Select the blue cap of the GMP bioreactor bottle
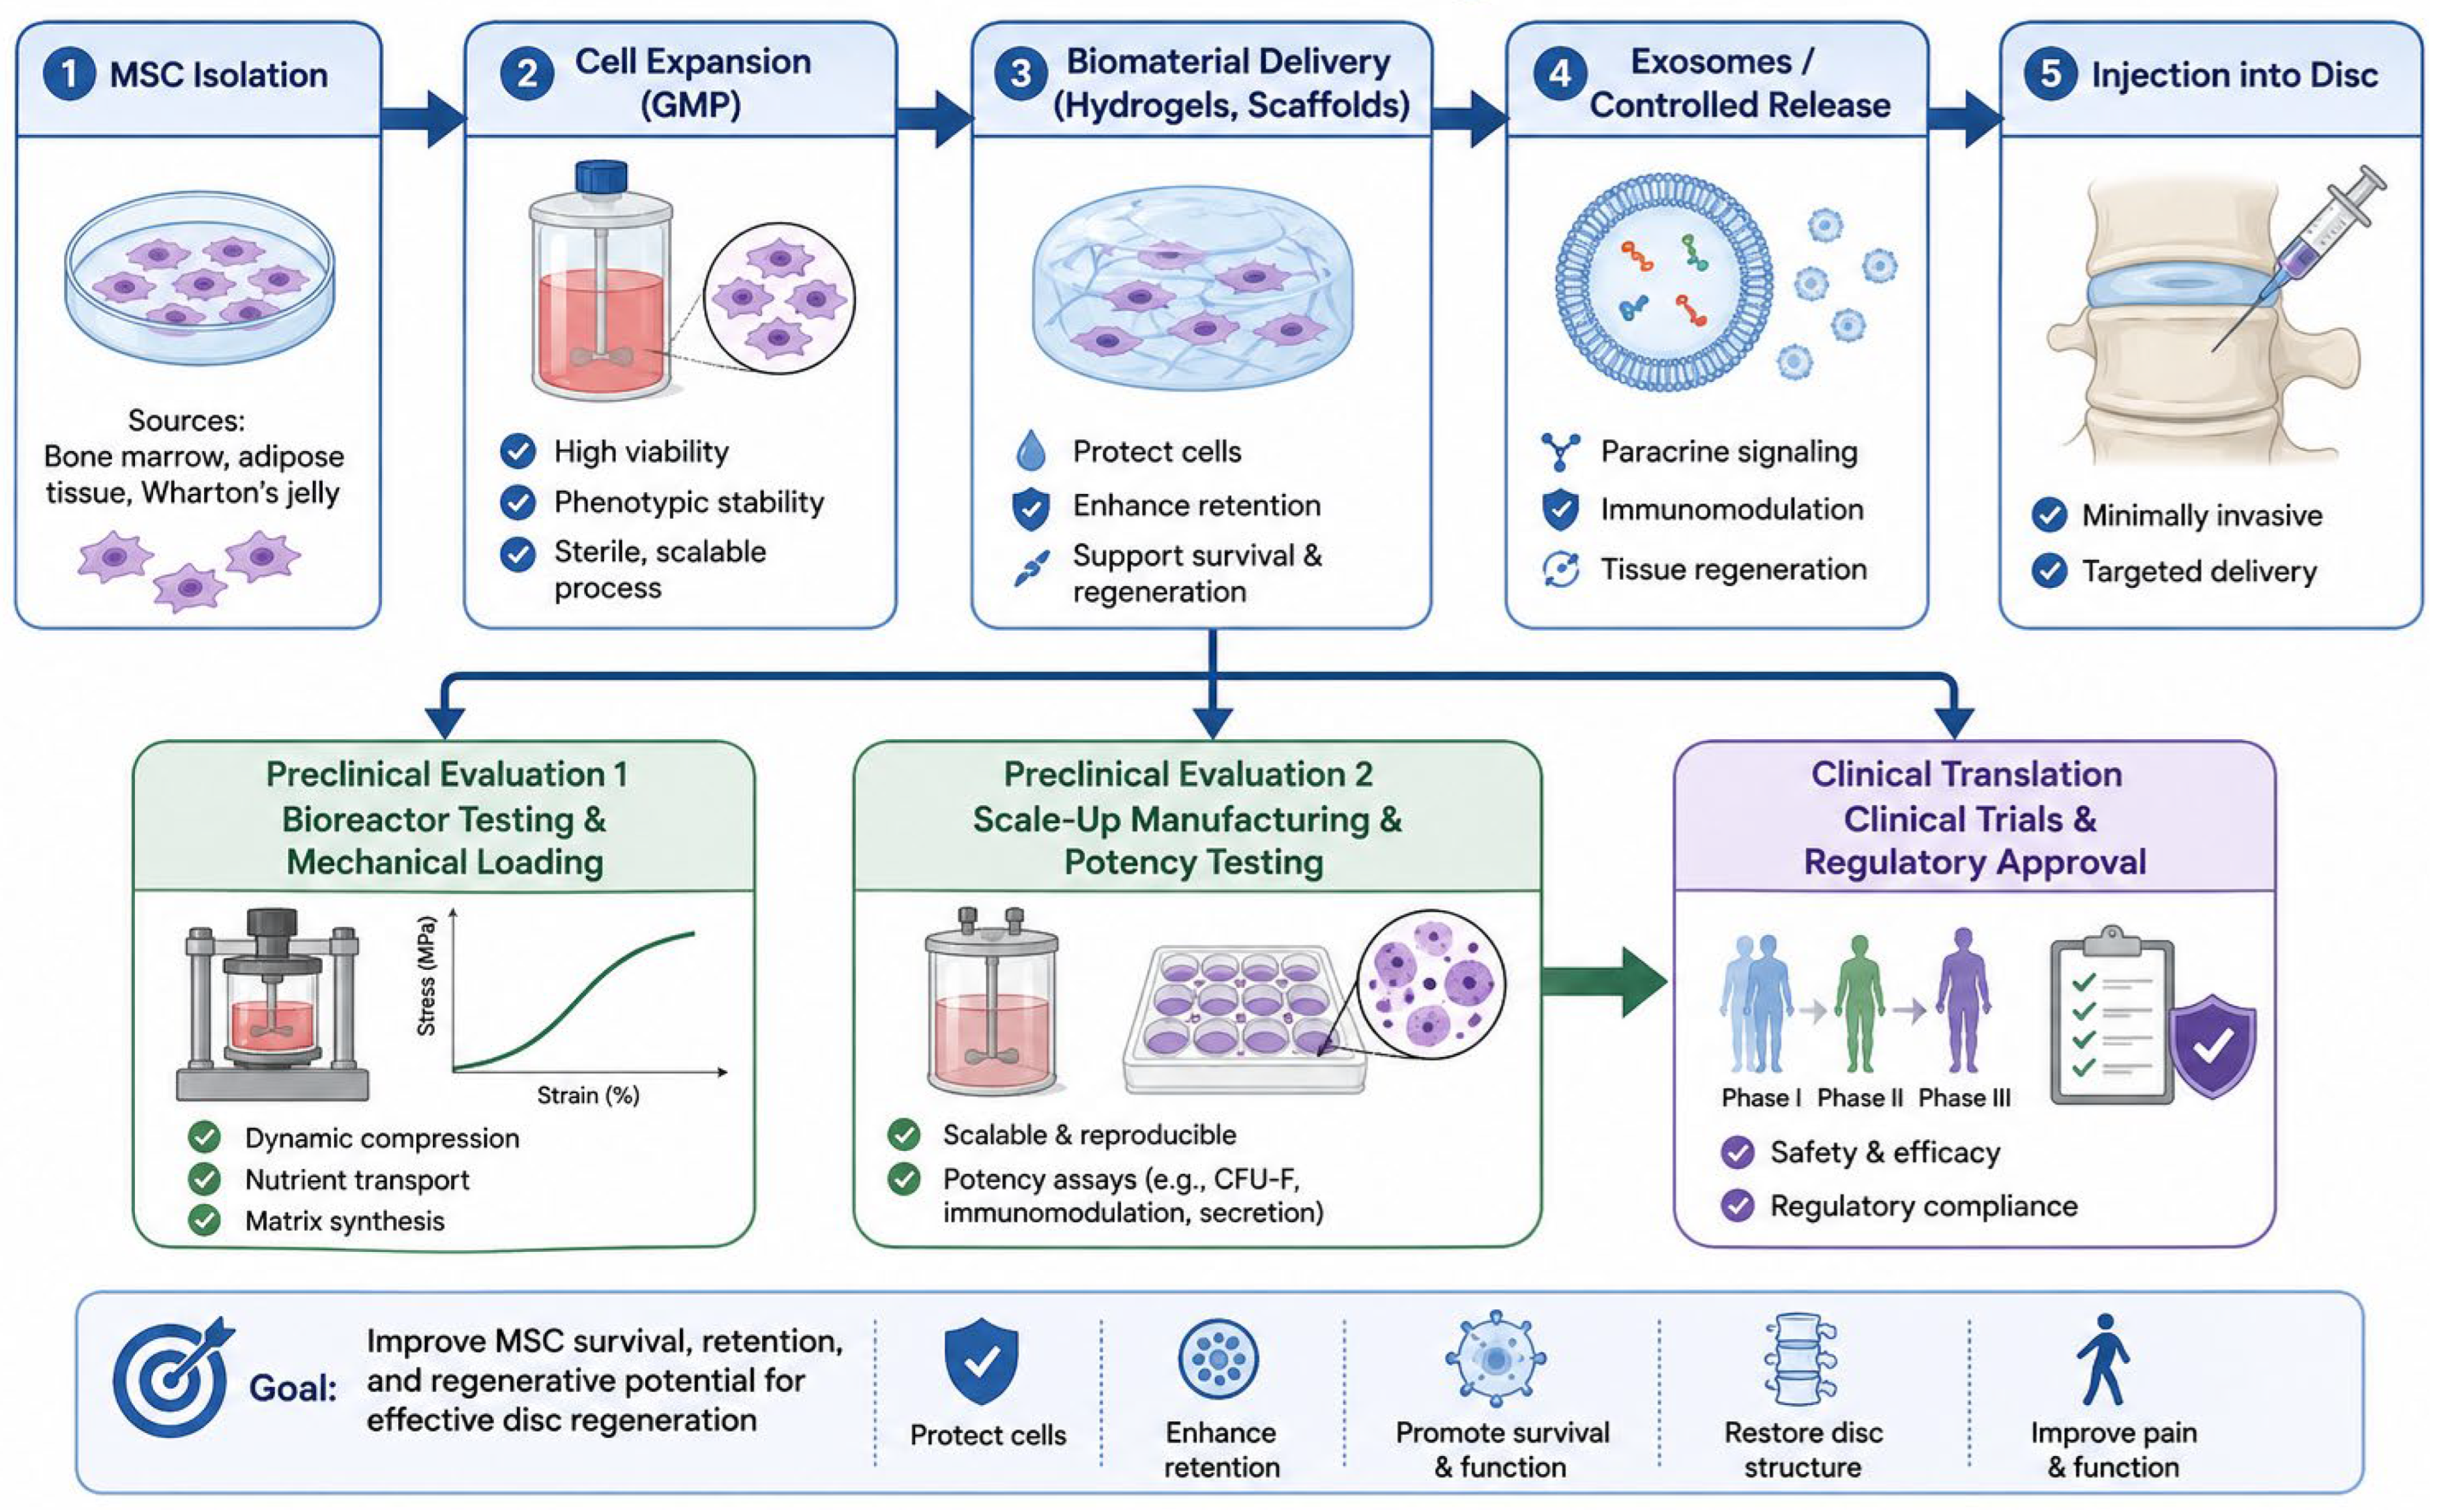pyautogui.click(x=601, y=177)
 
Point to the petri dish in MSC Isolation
pyautogui.click(x=199, y=278)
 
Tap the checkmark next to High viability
pyautogui.click(x=518, y=452)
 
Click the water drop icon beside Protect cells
pyautogui.click(x=1030, y=450)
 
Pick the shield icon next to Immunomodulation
pyautogui.click(x=1560, y=510)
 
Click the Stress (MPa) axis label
pyautogui.click(x=426, y=976)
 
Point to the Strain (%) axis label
pyautogui.click(x=589, y=1096)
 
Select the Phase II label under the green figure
pyautogui.click(x=1860, y=1097)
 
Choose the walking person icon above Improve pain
pyautogui.click(x=2103, y=1359)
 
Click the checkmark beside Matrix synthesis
pyautogui.click(x=205, y=1221)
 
